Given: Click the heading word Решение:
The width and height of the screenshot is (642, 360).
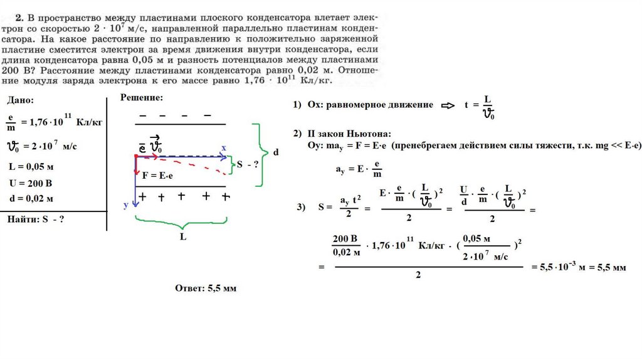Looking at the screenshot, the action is [142, 98].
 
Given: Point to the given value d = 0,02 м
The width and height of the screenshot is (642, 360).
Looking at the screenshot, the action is [31, 198].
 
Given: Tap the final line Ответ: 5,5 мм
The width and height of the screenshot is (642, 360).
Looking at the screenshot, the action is [206, 288].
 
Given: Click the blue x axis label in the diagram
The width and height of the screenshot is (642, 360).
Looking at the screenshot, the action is [223, 147].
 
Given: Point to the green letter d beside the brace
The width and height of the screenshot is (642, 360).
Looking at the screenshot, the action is [276, 152].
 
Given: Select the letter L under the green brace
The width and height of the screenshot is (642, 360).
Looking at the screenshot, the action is [182, 238].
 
